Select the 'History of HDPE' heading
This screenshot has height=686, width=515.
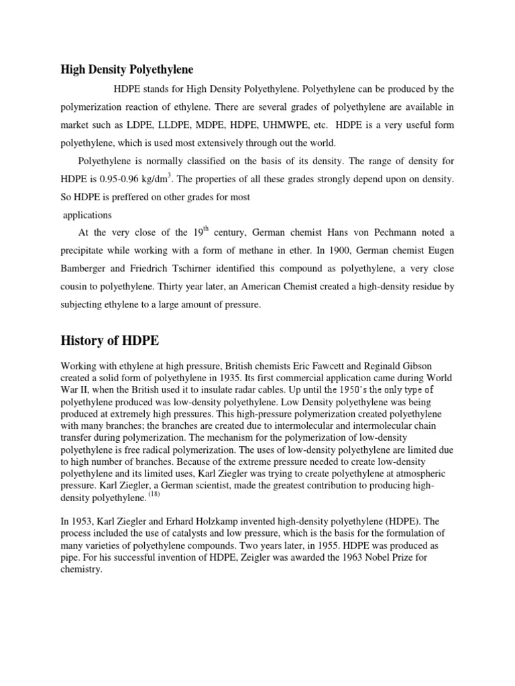point(110,340)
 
